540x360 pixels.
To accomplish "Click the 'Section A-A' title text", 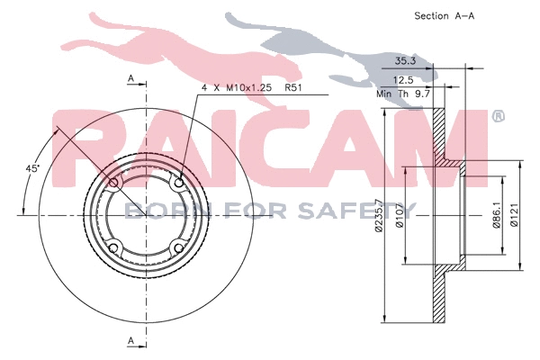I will pos(443,15).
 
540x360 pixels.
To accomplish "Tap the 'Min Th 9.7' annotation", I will pos(401,93).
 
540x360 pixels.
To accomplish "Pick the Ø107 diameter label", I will pos(398,217).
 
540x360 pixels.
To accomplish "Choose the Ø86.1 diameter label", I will pos(496,217).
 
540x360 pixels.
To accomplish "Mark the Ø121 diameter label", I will pos(514,217).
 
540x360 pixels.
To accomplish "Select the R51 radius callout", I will pos(294,88).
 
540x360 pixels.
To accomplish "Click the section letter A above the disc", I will pos(131,80).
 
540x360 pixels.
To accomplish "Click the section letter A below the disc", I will pos(131,340).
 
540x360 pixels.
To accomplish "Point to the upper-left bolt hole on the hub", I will pos(112,183).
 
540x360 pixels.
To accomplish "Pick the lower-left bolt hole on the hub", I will pos(112,248).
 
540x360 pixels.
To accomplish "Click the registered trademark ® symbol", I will pos(499,117).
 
